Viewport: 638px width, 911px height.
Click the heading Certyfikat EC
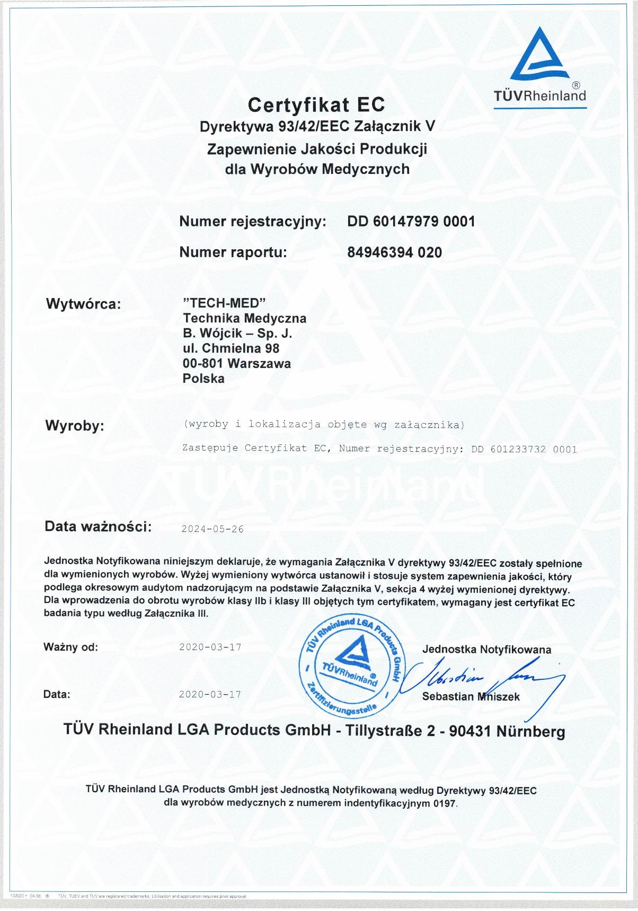tap(316, 105)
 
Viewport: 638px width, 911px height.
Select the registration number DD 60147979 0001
tap(411, 222)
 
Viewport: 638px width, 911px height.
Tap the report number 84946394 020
tap(394, 252)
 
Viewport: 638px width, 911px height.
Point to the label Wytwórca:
tap(84, 304)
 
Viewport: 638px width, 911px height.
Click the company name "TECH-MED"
tap(223, 303)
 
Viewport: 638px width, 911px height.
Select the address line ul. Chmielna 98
tap(231, 348)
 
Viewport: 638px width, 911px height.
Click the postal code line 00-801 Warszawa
tap(236, 364)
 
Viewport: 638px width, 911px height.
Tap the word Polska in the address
tap(203, 379)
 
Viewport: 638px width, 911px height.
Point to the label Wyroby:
tap(75, 426)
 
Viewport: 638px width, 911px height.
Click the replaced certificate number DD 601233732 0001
tap(524, 449)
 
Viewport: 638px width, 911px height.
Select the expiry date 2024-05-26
tap(212, 529)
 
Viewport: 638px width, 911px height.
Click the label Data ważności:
tap(98, 527)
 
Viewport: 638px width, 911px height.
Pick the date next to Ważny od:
tap(210, 647)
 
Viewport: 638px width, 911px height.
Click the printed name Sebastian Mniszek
tap(471, 697)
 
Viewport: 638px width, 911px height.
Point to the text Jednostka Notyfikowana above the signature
tap(486, 650)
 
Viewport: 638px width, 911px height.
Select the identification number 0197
tap(444, 803)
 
